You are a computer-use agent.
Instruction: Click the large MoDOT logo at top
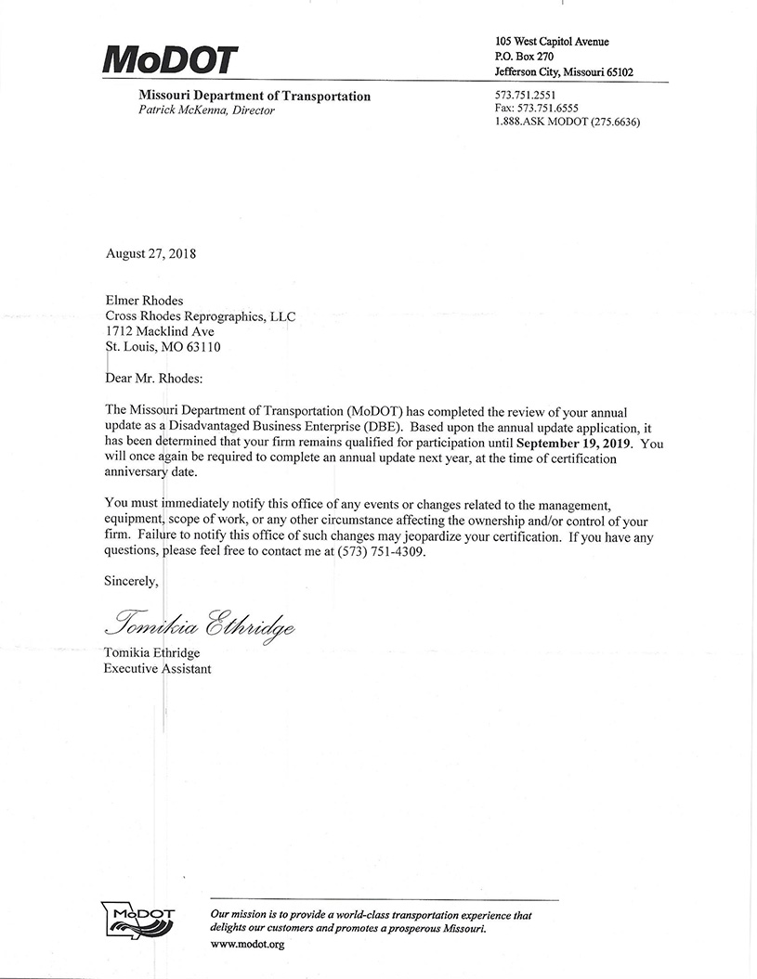click(x=170, y=60)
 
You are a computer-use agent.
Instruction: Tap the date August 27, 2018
click(x=150, y=252)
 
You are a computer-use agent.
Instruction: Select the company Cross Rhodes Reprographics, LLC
click(x=200, y=316)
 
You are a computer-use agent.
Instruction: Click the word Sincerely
click(x=131, y=581)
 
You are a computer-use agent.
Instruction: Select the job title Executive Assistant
click(x=157, y=668)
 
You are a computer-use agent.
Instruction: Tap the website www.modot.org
click(x=247, y=944)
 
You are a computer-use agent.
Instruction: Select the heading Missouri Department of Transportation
click(x=254, y=97)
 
